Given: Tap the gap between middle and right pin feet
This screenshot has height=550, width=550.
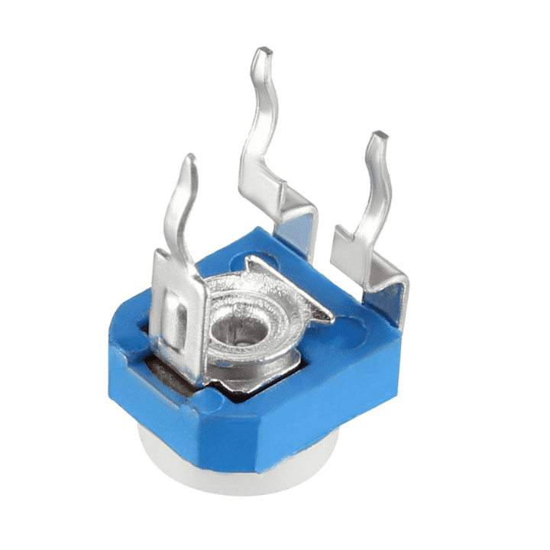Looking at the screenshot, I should pos(327,229).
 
